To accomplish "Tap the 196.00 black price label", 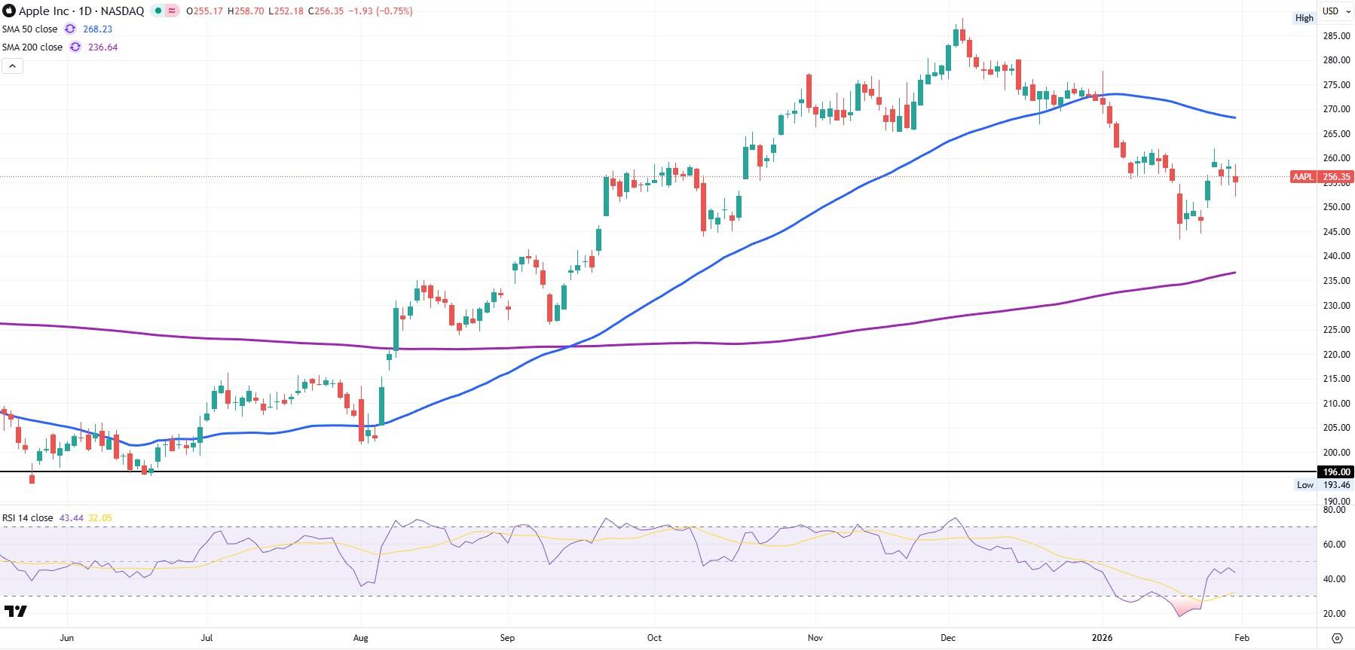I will [1336, 472].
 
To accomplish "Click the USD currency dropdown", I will [1335, 11].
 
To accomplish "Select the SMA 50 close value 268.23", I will [99, 29].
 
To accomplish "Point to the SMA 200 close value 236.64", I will [102, 47].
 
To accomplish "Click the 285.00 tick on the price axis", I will [1336, 36].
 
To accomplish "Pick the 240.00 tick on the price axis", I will [1336, 257].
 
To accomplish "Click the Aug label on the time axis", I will [361, 638].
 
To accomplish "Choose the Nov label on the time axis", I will [815, 638].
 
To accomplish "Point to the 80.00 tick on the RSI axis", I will [1334, 510].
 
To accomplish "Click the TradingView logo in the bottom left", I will [16, 611].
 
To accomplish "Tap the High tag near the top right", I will [1304, 18].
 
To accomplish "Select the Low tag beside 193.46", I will [1305, 485].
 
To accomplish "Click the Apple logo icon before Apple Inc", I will [9, 11].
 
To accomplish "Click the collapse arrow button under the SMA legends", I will [13, 66].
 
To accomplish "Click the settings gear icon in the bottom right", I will [1336, 638].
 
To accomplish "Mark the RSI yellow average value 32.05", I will [100, 518].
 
